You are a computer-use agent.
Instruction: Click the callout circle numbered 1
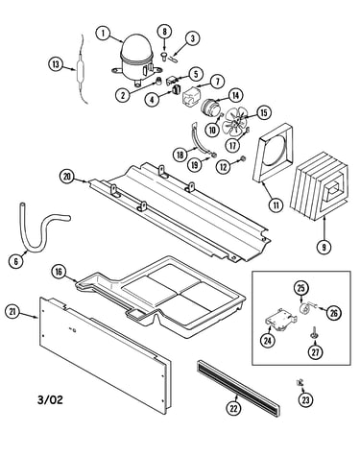pos(104,34)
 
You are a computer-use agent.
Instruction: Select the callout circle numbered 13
pos(56,64)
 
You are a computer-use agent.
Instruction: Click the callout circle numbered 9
pos(324,247)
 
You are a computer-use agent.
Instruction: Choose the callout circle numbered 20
pos(67,177)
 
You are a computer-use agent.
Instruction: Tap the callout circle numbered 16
pos(59,272)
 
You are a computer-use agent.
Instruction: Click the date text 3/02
pos(50,399)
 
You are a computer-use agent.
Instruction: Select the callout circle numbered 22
pos(234,408)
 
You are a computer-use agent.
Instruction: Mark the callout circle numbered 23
pos(306,399)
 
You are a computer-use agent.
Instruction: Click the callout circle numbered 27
pos(316,352)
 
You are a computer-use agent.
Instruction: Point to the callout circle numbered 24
pos(267,341)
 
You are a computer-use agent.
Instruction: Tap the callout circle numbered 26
pos(333,313)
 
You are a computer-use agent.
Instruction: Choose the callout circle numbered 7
pos(218,82)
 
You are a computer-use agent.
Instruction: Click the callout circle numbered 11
pos(276,205)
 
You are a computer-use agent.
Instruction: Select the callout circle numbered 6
pos(16,261)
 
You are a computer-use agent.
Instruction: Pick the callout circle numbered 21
pos(12,312)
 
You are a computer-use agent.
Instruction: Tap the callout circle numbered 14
pos(235,95)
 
